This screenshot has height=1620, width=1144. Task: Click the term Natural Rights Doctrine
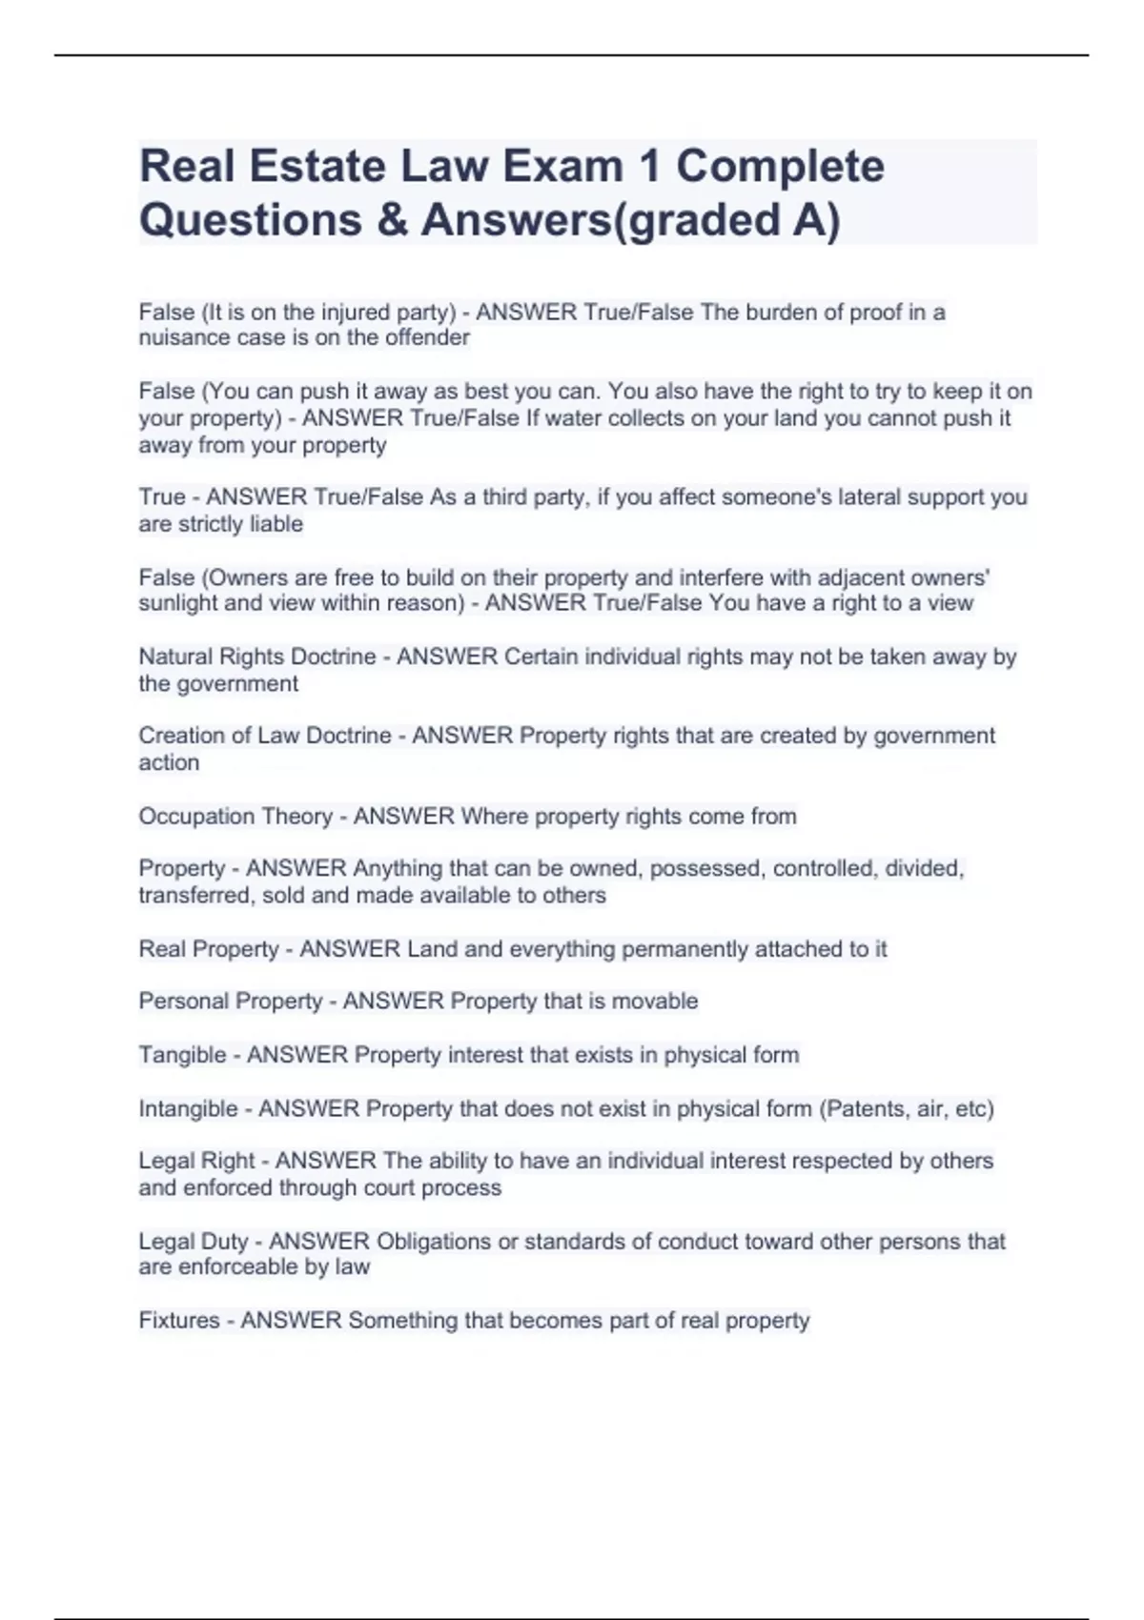(256, 658)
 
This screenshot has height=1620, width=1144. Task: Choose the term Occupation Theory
(235, 817)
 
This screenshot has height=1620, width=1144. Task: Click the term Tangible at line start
(182, 1055)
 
